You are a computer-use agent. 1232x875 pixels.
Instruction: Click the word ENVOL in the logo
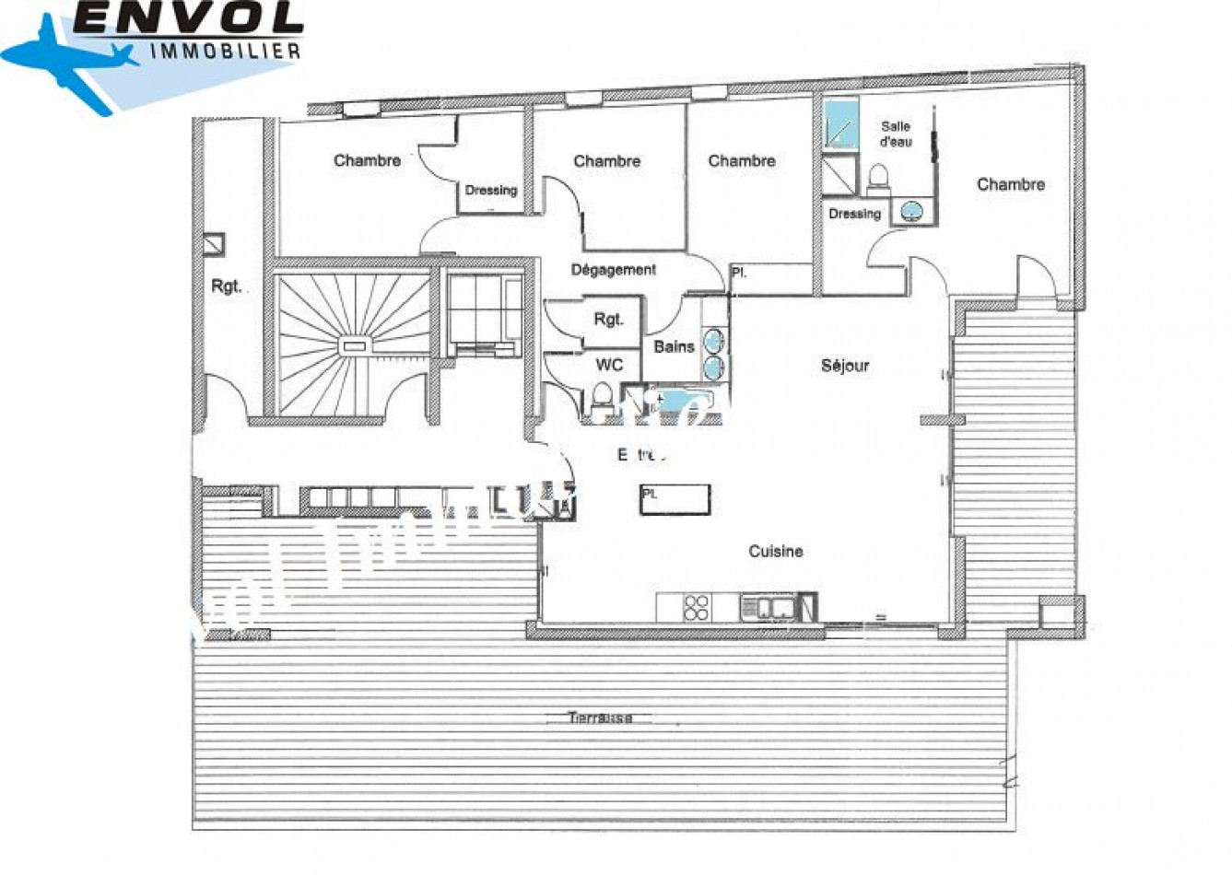[189, 18]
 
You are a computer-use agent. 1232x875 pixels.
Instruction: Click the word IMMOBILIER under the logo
[225, 51]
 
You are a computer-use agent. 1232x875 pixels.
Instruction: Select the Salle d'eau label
[895, 134]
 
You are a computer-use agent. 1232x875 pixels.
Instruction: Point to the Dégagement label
[614, 270]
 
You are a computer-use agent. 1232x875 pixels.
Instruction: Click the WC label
[609, 366]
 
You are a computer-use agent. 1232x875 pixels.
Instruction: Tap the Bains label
[674, 347]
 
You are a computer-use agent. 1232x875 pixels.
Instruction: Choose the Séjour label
[845, 366]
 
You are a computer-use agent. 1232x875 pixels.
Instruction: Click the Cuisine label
[775, 552]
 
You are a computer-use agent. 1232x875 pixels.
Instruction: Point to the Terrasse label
[600, 717]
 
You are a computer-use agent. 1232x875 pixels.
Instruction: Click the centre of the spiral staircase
[355, 345]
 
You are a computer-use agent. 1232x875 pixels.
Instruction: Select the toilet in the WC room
[602, 398]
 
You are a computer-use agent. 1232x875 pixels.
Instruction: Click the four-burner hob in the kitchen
[697, 607]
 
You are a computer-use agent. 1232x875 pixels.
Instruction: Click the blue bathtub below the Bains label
[681, 402]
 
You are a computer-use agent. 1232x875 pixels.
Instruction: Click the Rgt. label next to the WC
[609, 321]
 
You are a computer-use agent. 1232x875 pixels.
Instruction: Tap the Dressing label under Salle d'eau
[854, 214]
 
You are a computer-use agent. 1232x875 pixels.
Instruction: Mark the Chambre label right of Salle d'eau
[1011, 184]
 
